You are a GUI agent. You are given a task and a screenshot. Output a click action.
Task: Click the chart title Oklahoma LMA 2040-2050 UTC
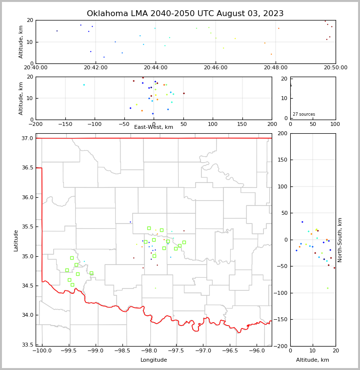click(x=185, y=14)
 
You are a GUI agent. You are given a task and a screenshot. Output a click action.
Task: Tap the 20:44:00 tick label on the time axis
click(x=156, y=68)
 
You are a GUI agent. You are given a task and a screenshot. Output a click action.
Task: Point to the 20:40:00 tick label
click(x=36, y=68)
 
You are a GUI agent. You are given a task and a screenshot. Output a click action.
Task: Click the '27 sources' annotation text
click(x=304, y=114)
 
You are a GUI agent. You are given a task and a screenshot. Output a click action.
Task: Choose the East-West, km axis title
click(x=154, y=127)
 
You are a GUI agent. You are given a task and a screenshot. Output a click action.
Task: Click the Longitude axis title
click(x=154, y=360)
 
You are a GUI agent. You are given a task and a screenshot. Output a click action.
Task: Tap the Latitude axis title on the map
click(x=16, y=240)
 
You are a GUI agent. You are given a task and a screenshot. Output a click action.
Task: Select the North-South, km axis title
click(x=340, y=240)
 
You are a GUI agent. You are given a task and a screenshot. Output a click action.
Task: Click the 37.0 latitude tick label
click(x=28, y=139)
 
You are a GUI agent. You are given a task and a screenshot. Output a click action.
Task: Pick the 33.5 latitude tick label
click(x=28, y=345)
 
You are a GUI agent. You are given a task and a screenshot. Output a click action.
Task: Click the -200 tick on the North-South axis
click(x=281, y=346)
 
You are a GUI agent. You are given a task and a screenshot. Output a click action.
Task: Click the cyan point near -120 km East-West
click(x=83, y=85)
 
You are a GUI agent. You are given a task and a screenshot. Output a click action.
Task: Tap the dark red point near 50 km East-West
click(x=184, y=93)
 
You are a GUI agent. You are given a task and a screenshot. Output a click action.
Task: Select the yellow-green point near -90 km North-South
click(x=327, y=288)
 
